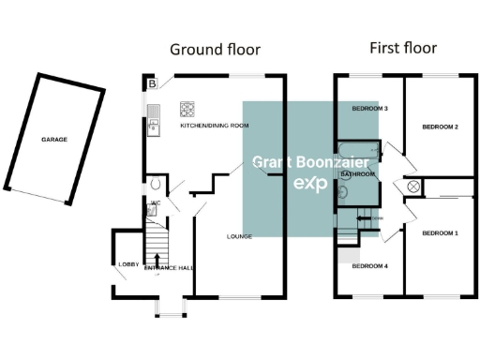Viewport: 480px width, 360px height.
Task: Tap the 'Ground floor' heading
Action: pyautogui.click(x=214, y=49)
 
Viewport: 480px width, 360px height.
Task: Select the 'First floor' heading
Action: pyautogui.click(x=402, y=48)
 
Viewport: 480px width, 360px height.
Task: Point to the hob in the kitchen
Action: pyautogui.click(x=187, y=107)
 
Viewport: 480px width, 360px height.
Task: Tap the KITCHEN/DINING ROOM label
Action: pyautogui.click(x=214, y=125)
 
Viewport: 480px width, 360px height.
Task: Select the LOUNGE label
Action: pyautogui.click(x=240, y=236)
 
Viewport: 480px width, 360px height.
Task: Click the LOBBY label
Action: pyautogui.click(x=128, y=264)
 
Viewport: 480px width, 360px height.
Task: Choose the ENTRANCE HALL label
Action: pyautogui.click(x=168, y=268)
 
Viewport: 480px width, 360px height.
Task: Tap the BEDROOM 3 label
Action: pyautogui.click(x=369, y=109)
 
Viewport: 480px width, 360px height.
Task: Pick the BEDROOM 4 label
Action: pyautogui.click(x=369, y=266)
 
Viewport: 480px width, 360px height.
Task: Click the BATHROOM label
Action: pyautogui.click(x=357, y=173)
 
